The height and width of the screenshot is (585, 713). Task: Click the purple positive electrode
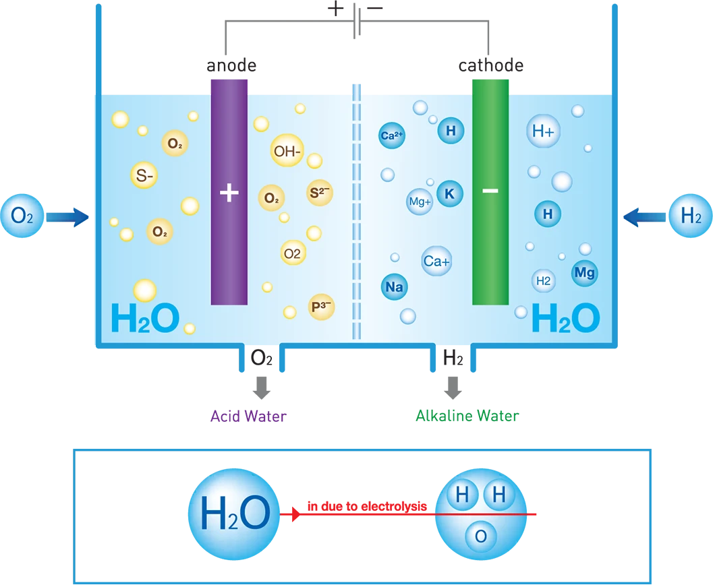coord(229,192)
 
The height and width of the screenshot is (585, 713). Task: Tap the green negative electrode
coord(490,192)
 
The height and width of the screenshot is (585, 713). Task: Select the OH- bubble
coord(287,152)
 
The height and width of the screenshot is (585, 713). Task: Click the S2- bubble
coord(320,193)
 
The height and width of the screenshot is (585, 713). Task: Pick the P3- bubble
coord(321,307)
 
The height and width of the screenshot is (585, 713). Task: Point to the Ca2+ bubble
coord(392,135)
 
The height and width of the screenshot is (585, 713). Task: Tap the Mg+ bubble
coord(420,202)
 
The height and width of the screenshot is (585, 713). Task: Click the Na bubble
coord(394,287)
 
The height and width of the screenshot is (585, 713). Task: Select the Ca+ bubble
coord(436,261)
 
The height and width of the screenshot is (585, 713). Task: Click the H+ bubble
coord(543,132)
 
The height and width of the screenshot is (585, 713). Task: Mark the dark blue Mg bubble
coord(584,273)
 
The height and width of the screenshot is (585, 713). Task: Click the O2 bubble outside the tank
coord(22,216)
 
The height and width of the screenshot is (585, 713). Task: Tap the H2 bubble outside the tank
coord(691,216)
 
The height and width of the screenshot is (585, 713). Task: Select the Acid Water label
coord(248,417)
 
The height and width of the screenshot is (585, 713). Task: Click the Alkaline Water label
coord(467,417)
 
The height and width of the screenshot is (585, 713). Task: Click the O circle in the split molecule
coord(480,536)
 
